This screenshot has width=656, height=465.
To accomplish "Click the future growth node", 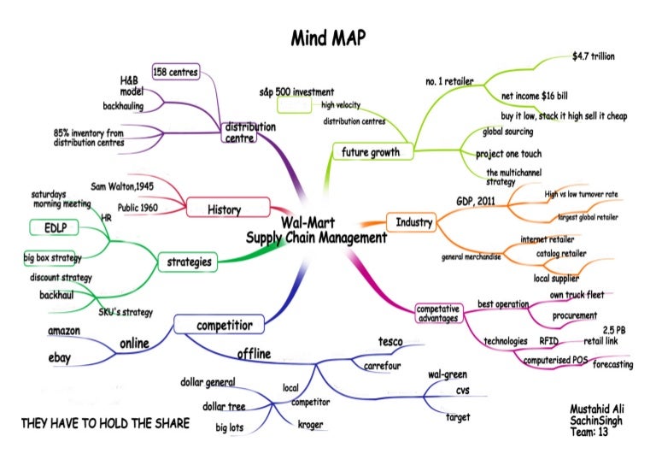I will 371,152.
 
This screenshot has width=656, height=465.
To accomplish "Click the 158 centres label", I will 175,73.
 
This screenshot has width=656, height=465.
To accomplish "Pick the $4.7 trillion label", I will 594,56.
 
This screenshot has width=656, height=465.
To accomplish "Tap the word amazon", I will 64,331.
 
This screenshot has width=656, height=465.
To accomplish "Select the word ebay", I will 60,359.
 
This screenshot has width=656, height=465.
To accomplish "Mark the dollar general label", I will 208,381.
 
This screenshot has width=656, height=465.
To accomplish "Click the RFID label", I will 549,341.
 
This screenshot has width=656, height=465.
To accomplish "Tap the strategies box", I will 189,262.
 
